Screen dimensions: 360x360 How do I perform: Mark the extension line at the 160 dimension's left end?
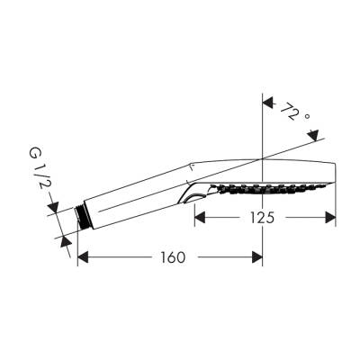77,247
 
